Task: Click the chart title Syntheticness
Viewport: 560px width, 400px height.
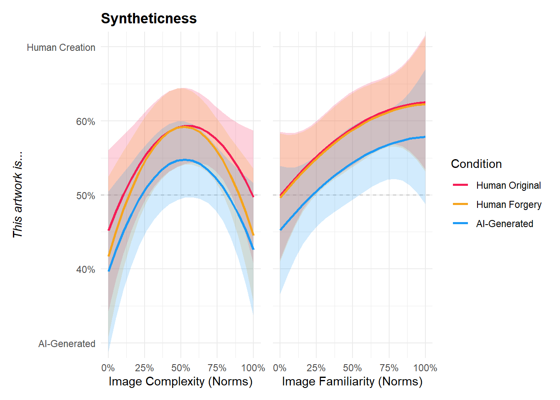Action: [x=149, y=19]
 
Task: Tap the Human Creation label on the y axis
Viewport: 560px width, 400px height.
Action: [x=61, y=47]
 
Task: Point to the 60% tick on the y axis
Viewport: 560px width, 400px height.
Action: [x=85, y=122]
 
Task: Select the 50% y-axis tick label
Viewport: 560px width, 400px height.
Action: [x=85, y=196]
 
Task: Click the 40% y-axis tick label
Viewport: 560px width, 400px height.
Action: [x=85, y=270]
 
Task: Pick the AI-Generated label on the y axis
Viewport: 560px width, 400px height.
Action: [x=67, y=344]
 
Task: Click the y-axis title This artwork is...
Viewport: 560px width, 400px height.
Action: [x=17, y=195]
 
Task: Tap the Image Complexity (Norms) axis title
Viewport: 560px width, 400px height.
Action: [x=180, y=382]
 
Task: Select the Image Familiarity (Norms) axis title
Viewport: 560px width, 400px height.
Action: [x=352, y=382]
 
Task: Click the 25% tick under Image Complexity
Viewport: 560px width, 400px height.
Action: [x=144, y=368]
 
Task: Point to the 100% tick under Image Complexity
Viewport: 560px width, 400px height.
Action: [x=253, y=368]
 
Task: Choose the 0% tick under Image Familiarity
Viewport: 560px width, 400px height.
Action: [x=280, y=368]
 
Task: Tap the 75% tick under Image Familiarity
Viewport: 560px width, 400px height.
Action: [x=389, y=368]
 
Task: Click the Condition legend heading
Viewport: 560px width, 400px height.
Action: [x=476, y=164]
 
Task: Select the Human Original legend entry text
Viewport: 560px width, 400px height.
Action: [x=508, y=185]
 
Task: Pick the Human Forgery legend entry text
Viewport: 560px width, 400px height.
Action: [x=509, y=205]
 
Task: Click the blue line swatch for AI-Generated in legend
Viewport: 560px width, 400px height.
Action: [x=460, y=224]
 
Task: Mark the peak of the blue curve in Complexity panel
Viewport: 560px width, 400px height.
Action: [x=185, y=160]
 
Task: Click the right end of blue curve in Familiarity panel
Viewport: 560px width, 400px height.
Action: [x=425, y=137]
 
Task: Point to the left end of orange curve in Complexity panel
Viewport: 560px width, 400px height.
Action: [x=109, y=255]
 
